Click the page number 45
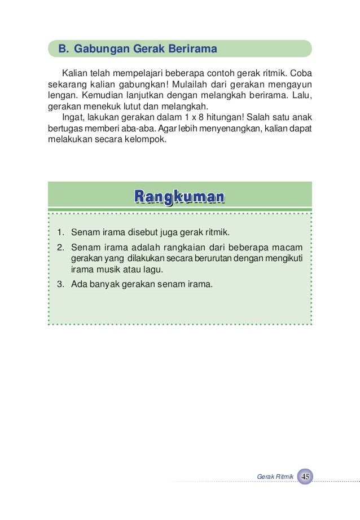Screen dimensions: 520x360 tap(305, 477)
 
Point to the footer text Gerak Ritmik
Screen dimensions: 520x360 tap(275, 477)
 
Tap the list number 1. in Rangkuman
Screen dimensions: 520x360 tap(60, 232)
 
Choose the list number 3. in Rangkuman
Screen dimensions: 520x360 tap(60, 283)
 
